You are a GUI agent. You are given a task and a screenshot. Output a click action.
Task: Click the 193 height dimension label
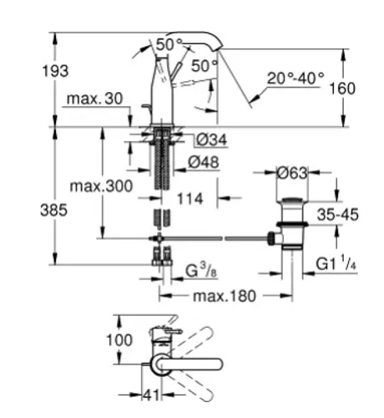coord(55,71)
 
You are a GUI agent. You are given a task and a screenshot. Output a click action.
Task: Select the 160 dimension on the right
coord(342,89)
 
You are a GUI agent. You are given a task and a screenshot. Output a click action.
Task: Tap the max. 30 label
coord(94,99)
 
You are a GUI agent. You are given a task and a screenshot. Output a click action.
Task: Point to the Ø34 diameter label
coord(211,140)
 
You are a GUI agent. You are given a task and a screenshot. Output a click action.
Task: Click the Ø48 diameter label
coord(204,162)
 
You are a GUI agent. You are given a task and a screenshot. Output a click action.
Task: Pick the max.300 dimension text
coord(101,186)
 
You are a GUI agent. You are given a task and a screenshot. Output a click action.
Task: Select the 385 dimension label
coord(53,210)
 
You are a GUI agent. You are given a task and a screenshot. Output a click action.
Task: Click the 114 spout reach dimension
coord(190,199)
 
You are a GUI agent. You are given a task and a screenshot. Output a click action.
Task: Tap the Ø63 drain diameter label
coord(292,173)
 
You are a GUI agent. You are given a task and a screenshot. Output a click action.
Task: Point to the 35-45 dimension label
coord(338,215)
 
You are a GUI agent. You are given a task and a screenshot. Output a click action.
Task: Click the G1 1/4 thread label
coord(336,263)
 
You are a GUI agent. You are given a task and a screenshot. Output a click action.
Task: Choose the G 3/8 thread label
coord(201,270)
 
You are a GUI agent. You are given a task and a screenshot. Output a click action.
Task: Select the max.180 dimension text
coord(225,296)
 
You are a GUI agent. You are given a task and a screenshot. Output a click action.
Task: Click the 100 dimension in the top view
coord(119,340)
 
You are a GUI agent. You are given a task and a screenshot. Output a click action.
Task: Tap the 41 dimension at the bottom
coord(151,395)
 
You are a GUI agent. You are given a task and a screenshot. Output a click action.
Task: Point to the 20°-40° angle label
coord(296,79)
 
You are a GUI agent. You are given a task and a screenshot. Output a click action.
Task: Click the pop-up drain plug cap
coord(292,200)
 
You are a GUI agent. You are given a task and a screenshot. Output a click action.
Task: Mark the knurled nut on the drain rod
coord(270,238)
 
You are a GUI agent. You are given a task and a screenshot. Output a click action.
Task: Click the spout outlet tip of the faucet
coord(218,49)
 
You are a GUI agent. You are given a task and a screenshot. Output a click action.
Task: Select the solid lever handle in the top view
coord(189,364)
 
